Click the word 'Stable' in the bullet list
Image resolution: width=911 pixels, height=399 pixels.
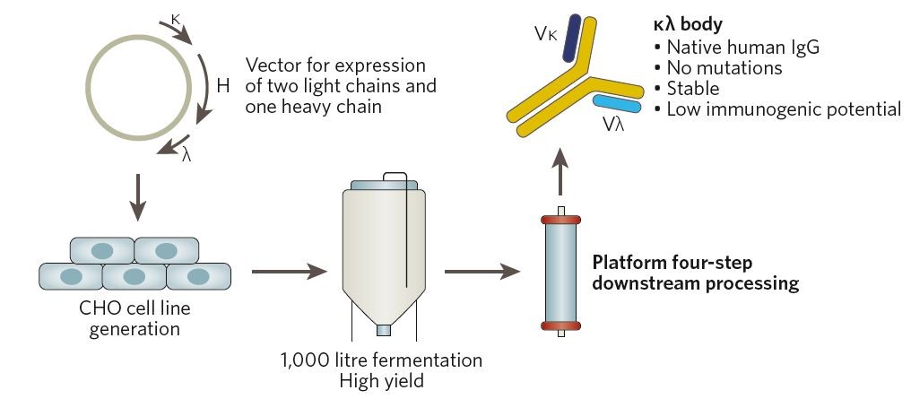coord(693,89)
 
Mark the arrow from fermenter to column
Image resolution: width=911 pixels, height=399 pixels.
coord(482,269)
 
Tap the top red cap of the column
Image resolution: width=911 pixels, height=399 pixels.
coord(560,219)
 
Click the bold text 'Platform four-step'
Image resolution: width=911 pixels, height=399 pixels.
coord(670,263)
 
